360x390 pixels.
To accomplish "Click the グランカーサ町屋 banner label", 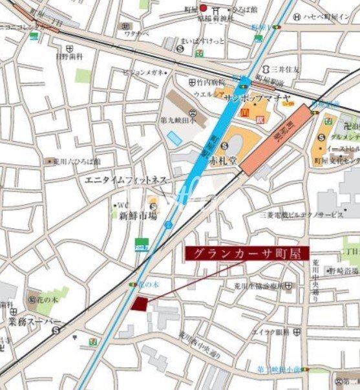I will click(x=248, y=253).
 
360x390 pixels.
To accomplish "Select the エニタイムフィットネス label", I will click(x=126, y=179).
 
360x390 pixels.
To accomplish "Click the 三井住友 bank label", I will click(x=279, y=70).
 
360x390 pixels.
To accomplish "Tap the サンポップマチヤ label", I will click(x=254, y=98).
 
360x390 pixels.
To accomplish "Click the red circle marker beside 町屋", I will click(x=203, y=8).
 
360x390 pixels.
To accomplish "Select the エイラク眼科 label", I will click(x=269, y=332).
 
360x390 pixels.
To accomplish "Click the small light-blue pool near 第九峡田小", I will click(x=175, y=138).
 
